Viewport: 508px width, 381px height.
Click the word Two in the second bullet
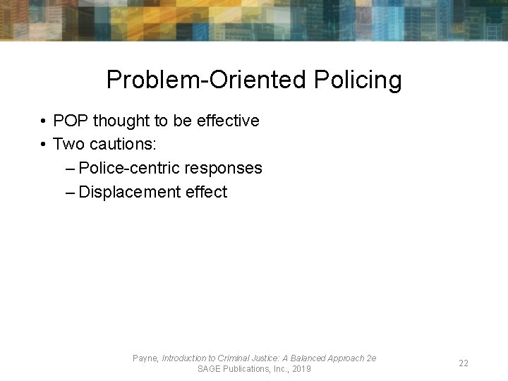[68, 144]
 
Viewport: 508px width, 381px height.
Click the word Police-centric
[130, 168]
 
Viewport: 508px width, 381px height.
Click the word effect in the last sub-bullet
[206, 192]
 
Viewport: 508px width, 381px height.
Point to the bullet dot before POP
[44, 121]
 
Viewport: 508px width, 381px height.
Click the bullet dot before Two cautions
[44, 145]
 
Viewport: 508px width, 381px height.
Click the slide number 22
[464, 363]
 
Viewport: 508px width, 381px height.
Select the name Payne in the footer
[145, 358]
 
